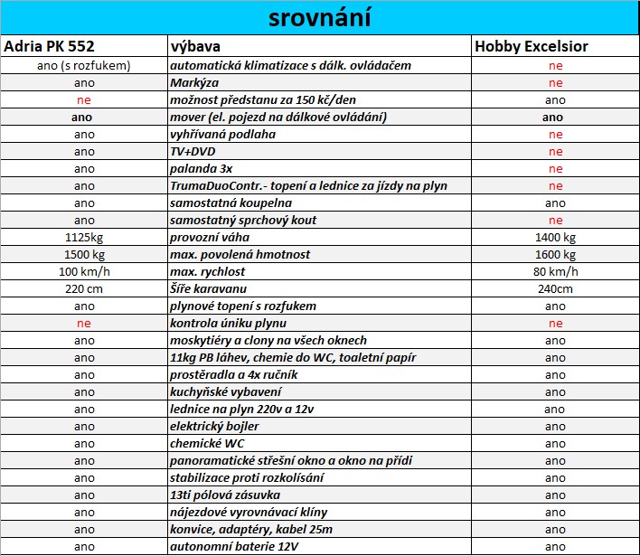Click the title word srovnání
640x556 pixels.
(x=320, y=18)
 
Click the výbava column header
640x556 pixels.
(x=196, y=46)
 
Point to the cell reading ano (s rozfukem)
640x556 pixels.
(x=84, y=66)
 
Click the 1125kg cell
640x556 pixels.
(x=84, y=237)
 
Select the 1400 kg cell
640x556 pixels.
(x=555, y=237)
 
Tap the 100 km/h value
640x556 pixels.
(x=84, y=271)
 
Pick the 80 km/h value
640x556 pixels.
(x=555, y=271)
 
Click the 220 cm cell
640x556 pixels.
(x=84, y=288)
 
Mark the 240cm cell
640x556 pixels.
(x=555, y=288)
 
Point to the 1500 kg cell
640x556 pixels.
(x=84, y=254)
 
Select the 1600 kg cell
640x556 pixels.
(x=555, y=254)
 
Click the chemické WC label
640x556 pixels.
(x=207, y=443)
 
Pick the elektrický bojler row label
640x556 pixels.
(x=214, y=426)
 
